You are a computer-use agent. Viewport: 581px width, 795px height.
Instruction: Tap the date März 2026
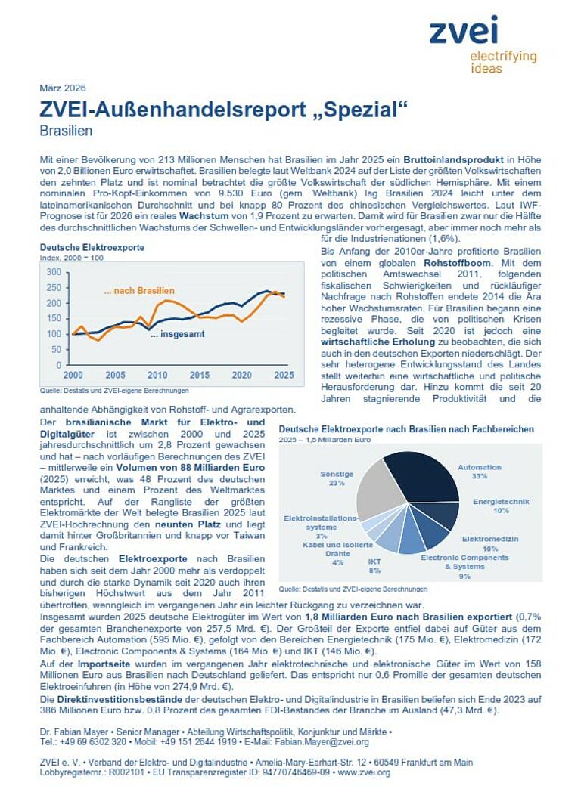[63, 88]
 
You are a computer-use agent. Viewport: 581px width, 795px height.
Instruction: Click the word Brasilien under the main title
[66, 131]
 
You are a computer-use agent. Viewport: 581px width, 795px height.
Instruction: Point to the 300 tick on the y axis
[54, 272]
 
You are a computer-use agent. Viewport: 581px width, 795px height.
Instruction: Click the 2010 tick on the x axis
[157, 376]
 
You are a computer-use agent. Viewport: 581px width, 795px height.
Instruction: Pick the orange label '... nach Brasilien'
[139, 291]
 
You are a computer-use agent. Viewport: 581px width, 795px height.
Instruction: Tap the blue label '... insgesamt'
[176, 334]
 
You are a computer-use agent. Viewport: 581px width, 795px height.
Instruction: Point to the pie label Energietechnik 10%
[501, 506]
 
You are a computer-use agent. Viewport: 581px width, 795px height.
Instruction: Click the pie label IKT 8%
[374, 566]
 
